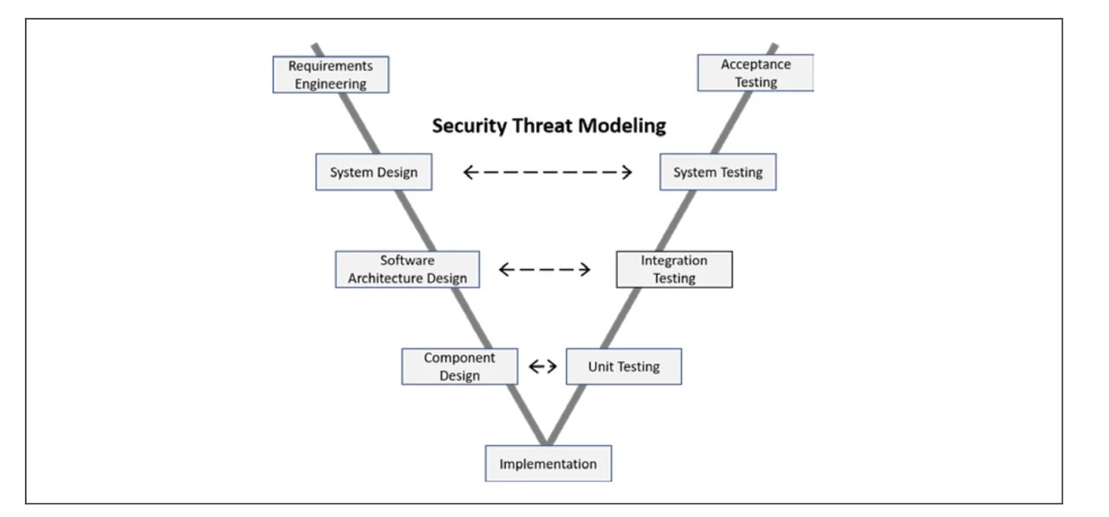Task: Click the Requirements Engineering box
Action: (331, 74)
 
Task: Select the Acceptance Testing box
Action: (756, 74)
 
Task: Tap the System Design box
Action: (373, 172)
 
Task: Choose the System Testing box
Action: (717, 172)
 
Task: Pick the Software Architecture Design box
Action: (407, 269)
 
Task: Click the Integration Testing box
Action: (674, 269)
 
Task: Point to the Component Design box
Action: (459, 366)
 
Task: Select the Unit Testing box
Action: (624, 366)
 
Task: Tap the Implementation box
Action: (548, 463)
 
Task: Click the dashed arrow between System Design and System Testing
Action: (548, 172)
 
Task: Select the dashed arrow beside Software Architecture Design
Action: (545, 269)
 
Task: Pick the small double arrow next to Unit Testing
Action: (542, 366)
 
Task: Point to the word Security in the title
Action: (467, 126)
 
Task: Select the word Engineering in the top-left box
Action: (331, 84)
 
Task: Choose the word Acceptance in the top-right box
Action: (756, 65)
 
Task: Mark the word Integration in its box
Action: (674, 261)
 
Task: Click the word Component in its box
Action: (459, 358)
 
